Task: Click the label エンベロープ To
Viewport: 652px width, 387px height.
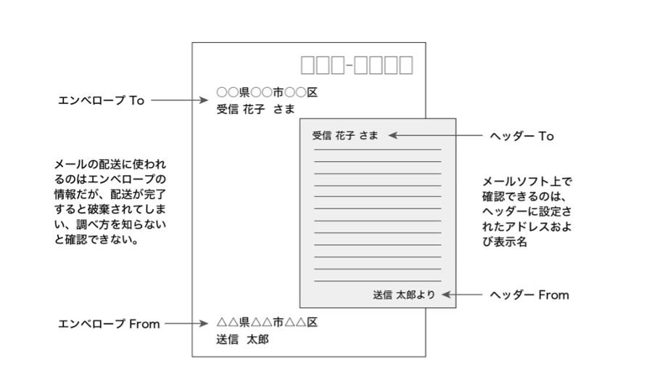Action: click(x=101, y=100)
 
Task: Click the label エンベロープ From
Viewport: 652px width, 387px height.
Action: click(x=109, y=324)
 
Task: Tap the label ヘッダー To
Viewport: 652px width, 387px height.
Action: click(x=522, y=136)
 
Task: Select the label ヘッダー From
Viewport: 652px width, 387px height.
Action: click(x=529, y=295)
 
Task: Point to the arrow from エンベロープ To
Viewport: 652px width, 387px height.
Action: click(x=179, y=100)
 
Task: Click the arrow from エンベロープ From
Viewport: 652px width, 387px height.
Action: click(x=186, y=323)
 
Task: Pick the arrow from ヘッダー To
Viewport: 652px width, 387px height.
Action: click(x=435, y=135)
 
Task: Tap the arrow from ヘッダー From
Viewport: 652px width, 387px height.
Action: click(x=462, y=295)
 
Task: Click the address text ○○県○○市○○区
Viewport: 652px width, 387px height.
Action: click(x=267, y=92)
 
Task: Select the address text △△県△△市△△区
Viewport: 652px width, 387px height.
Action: click(x=267, y=322)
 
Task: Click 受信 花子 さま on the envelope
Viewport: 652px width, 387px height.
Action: click(x=255, y=110)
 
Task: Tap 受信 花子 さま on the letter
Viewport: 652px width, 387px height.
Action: click(x=345, y=135)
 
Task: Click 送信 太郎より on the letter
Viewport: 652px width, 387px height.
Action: click(x=404, y=295)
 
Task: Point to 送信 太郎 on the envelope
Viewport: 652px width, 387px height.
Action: click(x=242, y=340)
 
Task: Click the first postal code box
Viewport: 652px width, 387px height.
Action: click(x=308, y=65)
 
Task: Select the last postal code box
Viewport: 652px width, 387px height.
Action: click(x=406, y=65)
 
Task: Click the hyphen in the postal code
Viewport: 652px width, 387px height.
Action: click(x=350, y=65)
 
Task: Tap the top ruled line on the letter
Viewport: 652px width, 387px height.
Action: click(x=378, y=150)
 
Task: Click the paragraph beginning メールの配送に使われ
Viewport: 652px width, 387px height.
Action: click(x=110, y=202)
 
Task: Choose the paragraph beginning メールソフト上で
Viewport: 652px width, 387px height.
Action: click(x=527, y=211)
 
